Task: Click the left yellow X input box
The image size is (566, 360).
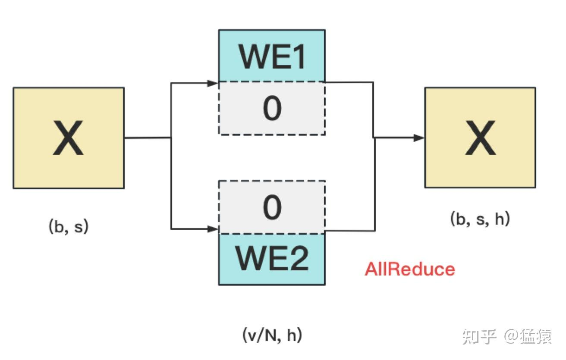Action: [x=69, y=138]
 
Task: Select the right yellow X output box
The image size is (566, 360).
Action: [x=480, y=138]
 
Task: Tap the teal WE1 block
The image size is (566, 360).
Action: [x=272, y=56]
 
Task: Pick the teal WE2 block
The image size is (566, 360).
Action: [x=272, y=259]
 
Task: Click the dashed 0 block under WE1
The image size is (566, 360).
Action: [x=272, y=109]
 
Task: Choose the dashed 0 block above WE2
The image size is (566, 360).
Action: [x=272, y=207]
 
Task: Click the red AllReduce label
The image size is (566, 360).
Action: [x=410, y=269]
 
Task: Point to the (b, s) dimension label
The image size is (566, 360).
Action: [x=68, y=227]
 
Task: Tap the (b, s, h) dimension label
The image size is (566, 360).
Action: [x=480, y=219]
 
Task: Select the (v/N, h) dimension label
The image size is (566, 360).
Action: [x=272, y=335]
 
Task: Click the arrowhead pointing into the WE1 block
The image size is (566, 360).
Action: [x=213, y=83]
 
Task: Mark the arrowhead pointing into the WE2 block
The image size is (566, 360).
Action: [x=214, y=229]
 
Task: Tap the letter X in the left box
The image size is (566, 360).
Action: [x=68, y=138]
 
